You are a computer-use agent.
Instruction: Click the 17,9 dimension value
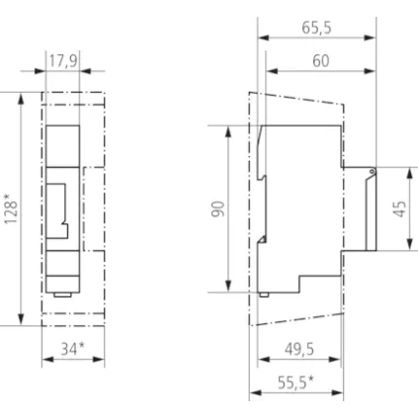pos(62,62)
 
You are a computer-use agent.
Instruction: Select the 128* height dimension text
pos(10,209)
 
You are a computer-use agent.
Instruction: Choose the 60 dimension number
pos(320,61)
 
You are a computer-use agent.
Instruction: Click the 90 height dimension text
pos(218,209)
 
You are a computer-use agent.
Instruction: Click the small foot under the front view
pos(62,293)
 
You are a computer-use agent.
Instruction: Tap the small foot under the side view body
pos(266,294)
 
